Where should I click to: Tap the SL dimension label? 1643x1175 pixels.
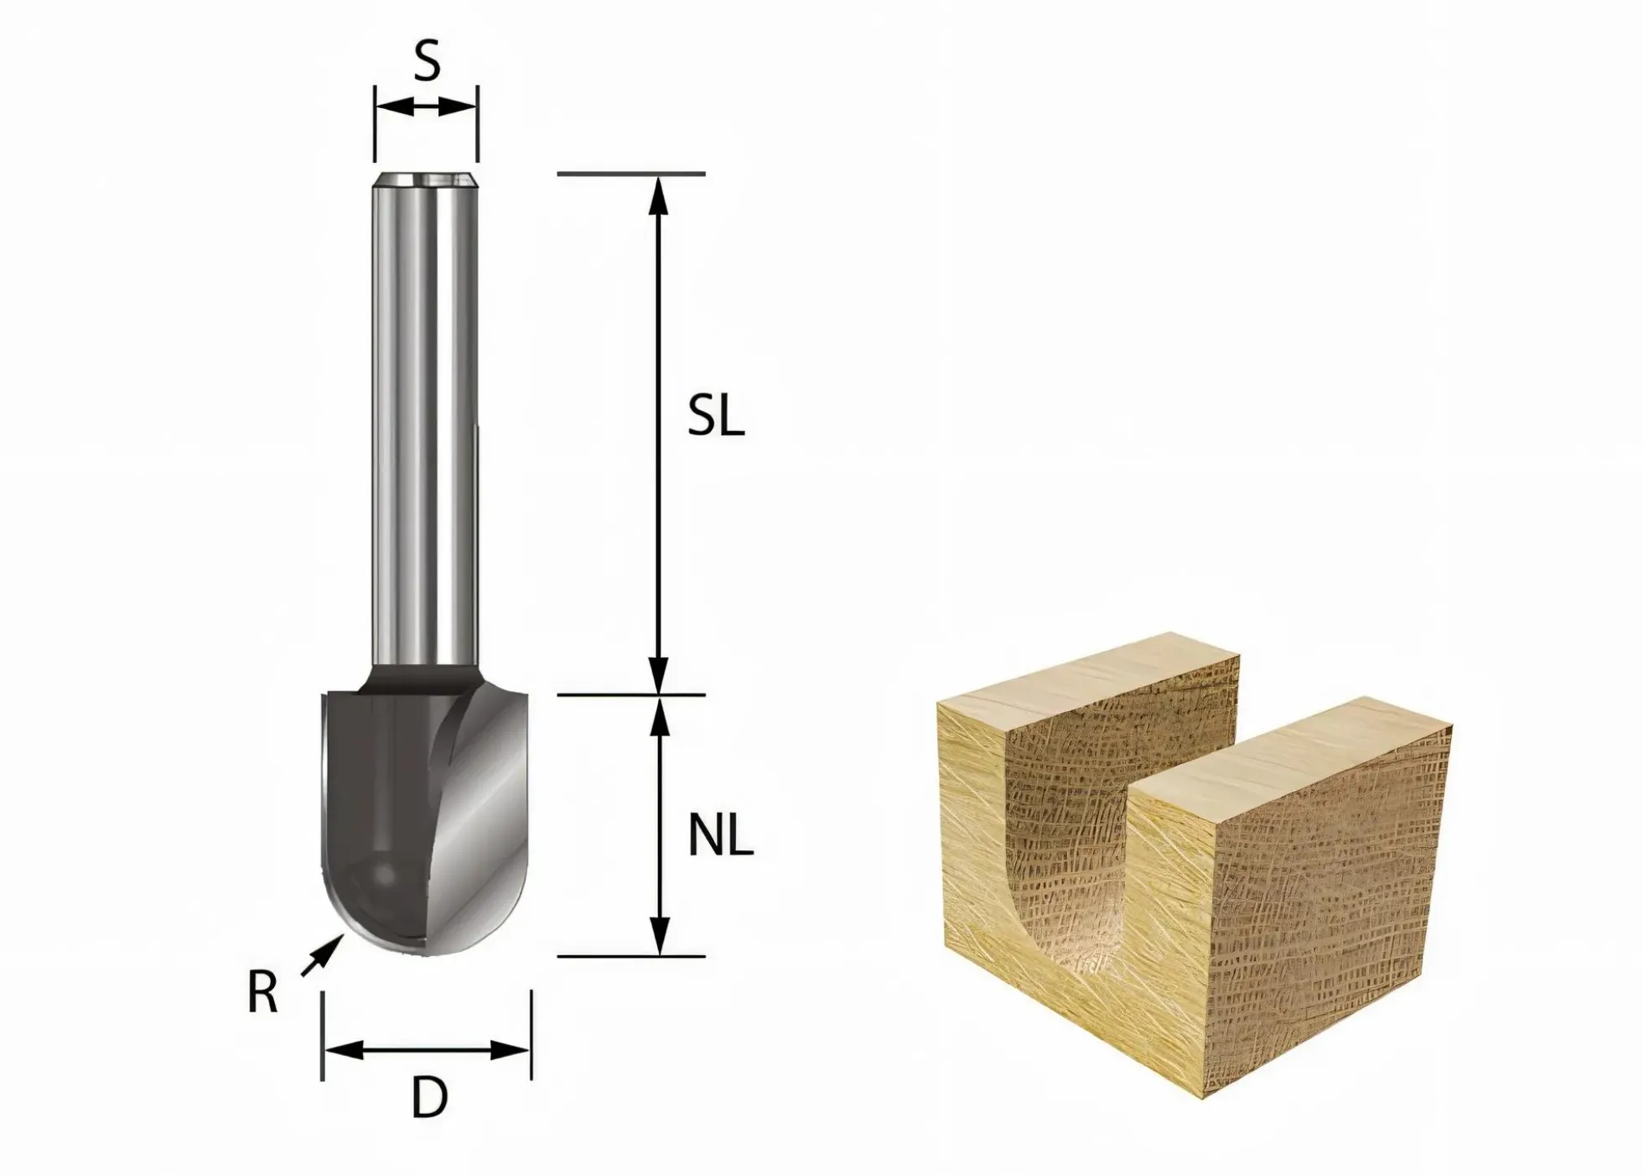tap(716, 416)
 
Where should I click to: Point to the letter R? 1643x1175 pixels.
tap(262, 994)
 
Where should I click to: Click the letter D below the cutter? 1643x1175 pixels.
tap(429, 1098)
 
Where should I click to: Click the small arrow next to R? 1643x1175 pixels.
tap(322, 957)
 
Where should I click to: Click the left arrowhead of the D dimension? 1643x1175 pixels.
tap(343, 1049)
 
